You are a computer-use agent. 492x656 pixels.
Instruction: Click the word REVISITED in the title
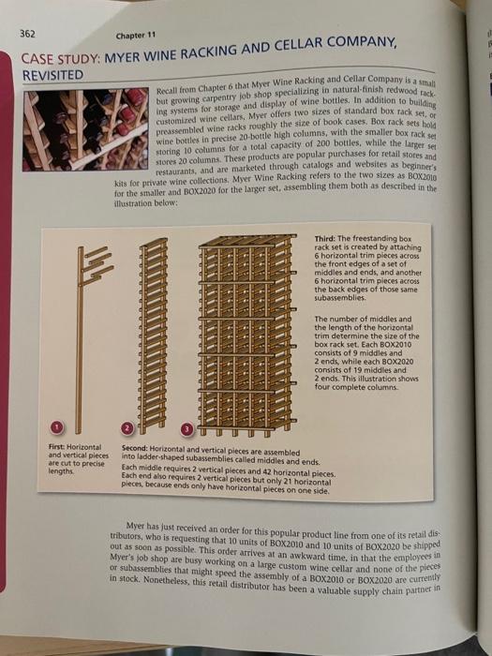tap(52, 74)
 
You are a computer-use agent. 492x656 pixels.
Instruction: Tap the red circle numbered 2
tap(132, 428)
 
